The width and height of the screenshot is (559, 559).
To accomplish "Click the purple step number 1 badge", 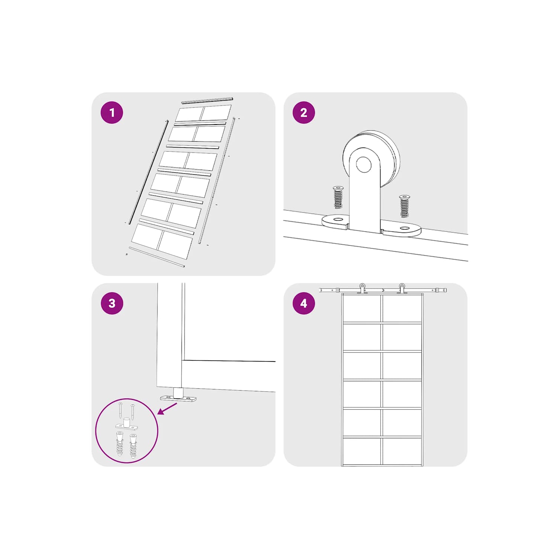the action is click(112, 113).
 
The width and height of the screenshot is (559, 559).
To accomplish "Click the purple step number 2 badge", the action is click(304, 113).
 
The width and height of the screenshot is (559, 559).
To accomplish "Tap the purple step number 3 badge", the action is click(112, 303).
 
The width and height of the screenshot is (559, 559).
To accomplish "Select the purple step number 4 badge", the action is click(304, 303).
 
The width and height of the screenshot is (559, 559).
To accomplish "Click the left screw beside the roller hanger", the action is click(338, 197).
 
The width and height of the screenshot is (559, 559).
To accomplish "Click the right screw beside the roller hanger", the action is click(404, 206).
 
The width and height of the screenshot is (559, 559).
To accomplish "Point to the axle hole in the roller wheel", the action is click(363, 164).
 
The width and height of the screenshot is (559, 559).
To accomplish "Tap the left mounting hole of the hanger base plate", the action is click(338, 220).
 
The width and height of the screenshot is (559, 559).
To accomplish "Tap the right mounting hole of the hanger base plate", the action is click(405, 228).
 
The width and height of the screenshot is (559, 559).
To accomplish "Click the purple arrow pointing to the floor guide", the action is click(167, 408).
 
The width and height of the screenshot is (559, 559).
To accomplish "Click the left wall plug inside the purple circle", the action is click(120, 444).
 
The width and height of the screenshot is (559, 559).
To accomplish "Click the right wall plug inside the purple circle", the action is click(133, 446).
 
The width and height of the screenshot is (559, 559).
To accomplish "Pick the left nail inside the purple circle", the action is click(120, 410).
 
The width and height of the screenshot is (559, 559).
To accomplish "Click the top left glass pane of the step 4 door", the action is click(361, 308).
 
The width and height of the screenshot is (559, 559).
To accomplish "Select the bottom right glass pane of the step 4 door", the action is click(402, 451).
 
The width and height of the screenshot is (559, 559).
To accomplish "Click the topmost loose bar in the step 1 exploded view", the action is click(207, 100).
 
